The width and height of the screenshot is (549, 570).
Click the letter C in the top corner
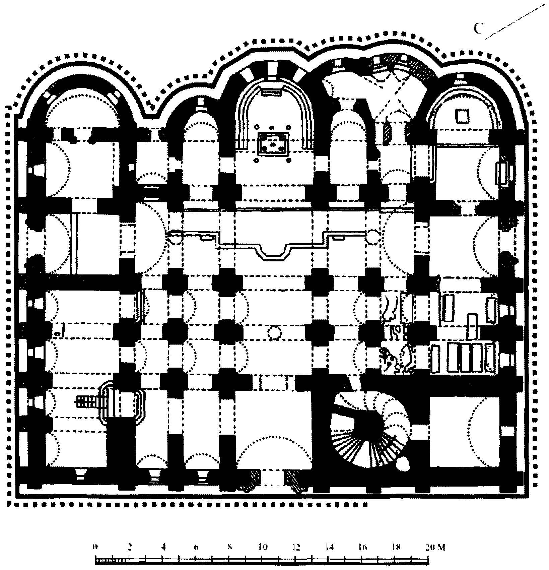coord(478,28)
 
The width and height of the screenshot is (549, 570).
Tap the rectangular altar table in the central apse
coord(273,143)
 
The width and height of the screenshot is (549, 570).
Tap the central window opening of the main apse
coord(272,70)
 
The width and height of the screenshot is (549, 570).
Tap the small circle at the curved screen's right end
coord(372,235)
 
